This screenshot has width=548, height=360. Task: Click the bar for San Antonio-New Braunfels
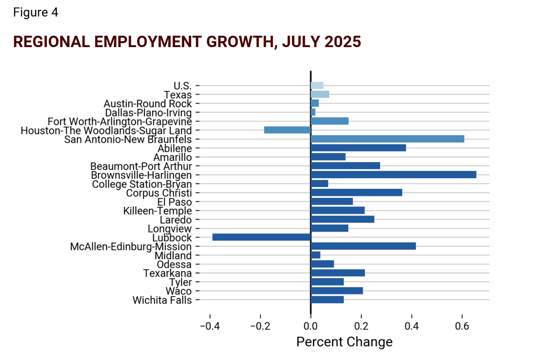[387, 139]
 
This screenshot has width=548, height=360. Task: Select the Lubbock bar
[261, 237]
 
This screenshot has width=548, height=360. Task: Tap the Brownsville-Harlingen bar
[393, 175]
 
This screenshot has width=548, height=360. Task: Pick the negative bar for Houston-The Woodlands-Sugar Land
[287, 130]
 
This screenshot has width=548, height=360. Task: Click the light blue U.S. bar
[317, 85]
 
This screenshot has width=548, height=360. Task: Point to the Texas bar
[320, 94]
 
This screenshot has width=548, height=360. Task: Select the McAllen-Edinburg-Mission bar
[363, 246]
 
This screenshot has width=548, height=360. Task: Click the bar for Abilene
[358, 148]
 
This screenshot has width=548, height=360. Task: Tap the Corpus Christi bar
[356, 192]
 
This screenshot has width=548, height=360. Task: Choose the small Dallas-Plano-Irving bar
[313, 112]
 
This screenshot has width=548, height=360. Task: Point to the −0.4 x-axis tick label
[210, 326]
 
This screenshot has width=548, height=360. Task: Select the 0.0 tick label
[310, 326]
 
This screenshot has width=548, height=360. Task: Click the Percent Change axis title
[344, 342]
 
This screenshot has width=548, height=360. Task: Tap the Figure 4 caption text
[36, 13]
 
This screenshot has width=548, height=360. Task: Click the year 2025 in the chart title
[343, 42]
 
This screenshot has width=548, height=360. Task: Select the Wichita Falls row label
[162, 300]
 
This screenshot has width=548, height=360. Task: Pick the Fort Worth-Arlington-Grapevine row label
[120, 122]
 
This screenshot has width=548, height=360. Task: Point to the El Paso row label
[174, 202]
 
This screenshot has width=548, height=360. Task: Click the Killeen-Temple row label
[158, 211]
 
